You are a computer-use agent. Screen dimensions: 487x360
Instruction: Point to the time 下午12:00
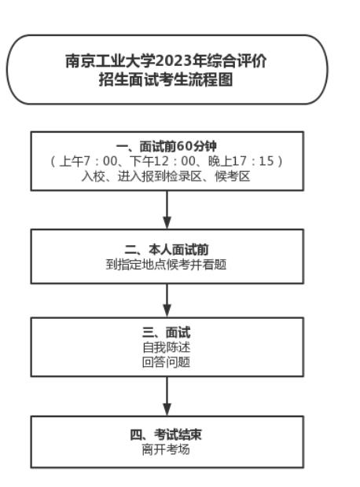(157, 161)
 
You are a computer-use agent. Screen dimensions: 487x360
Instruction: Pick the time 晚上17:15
(236, 161)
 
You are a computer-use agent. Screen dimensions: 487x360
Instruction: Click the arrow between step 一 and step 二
(167, 209)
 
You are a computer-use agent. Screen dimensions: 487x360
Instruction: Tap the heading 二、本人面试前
(167, 251)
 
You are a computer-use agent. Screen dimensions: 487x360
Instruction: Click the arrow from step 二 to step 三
(167, 298)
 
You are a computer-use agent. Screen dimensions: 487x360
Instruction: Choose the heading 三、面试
(167, 332)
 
